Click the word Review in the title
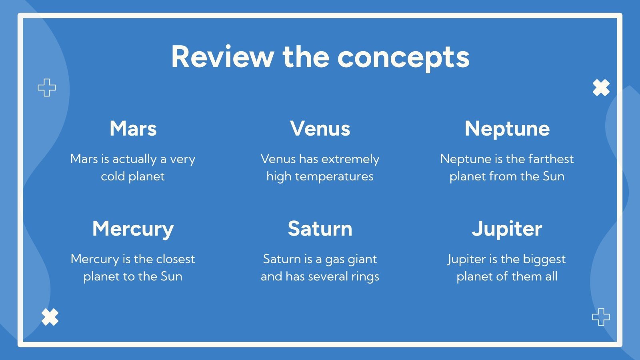point(223,56)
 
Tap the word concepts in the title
point(404,59)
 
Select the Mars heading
point(133,128)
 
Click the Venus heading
point(320,128)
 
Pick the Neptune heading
point(507,129)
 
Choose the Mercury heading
point(133,230)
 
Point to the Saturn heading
point(320,229)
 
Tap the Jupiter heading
point(507,230)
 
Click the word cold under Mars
point(113,176)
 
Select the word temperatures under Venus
point(334,177)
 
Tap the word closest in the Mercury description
point(176,259)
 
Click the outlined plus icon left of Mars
point(47,88)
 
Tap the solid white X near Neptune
point(601,88)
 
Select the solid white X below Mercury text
point(50,317)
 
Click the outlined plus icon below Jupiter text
point(601,317)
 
